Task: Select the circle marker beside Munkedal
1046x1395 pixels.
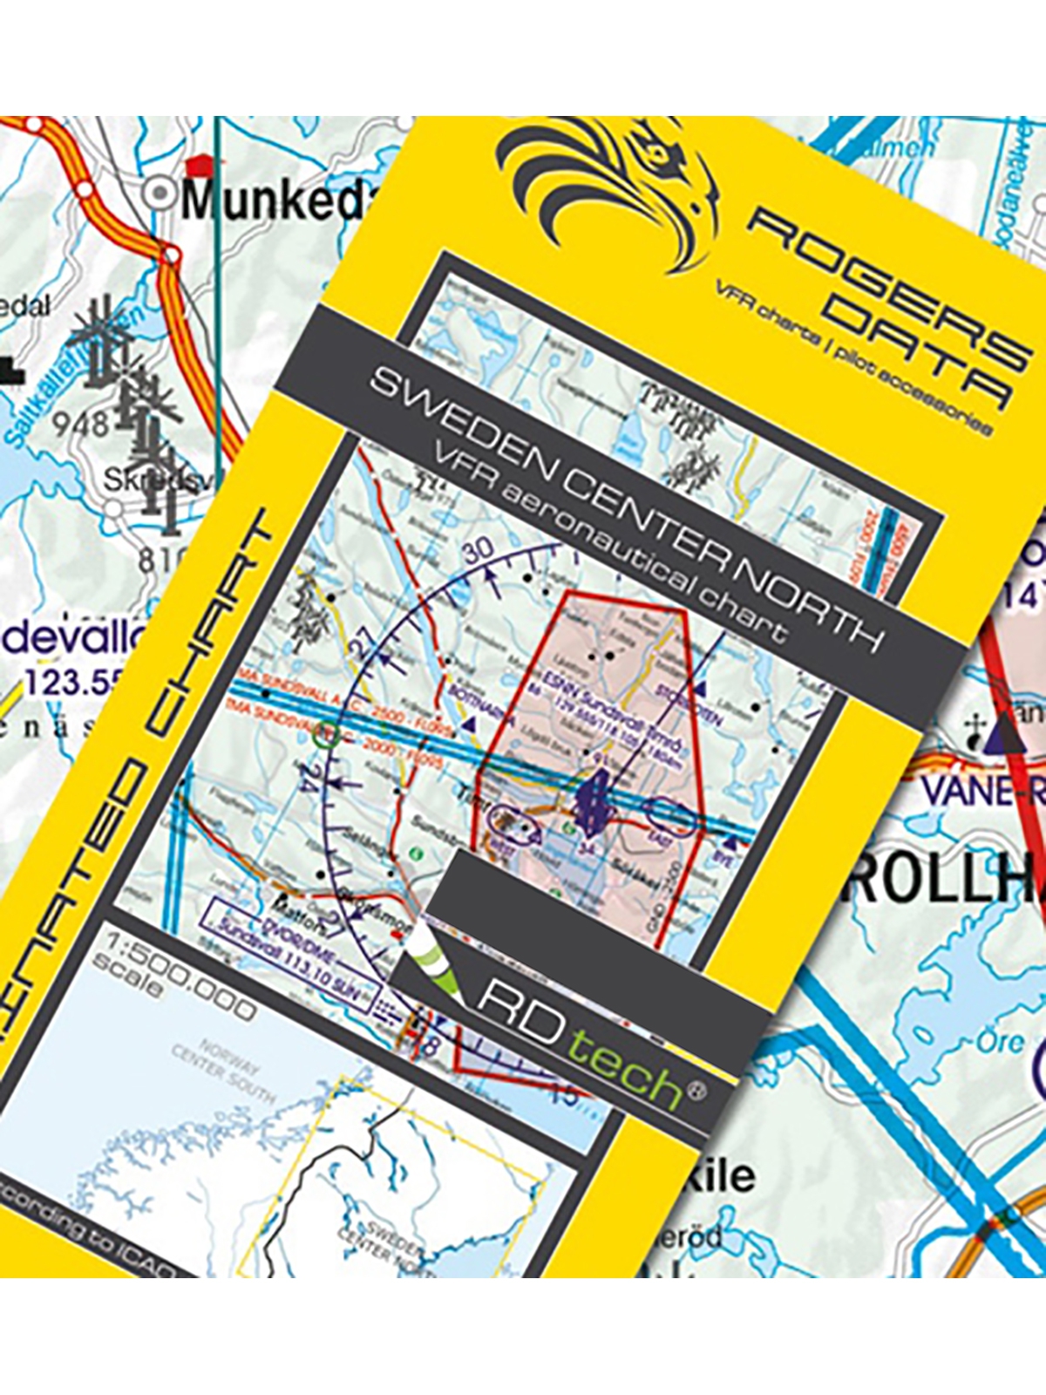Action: tap(159, 194)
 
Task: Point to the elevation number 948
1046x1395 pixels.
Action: tap(80, 425)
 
